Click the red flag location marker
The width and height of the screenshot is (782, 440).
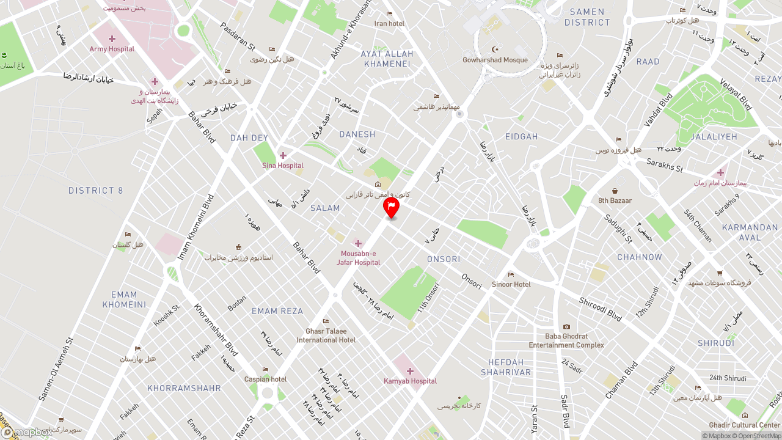coord(391,207)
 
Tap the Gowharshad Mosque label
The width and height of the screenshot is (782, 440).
coord(495,60)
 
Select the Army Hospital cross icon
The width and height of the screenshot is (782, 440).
coord(112,39)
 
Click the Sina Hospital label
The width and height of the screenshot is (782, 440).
coord(283,166)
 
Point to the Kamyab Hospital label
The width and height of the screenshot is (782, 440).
coord(410,381)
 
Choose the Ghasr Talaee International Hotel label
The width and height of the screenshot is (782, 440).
coord(326,335)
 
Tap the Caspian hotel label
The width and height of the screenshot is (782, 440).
coord(265,379)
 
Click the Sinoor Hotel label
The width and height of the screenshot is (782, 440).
coord(511,284)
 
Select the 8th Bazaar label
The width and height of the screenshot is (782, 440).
coord(615,200)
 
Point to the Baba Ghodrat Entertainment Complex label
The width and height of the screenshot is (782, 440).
coord(566,340)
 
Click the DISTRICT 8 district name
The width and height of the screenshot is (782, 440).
coord(96,191)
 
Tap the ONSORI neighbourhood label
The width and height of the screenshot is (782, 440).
coord(444,259)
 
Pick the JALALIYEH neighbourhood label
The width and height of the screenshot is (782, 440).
coord(714,137)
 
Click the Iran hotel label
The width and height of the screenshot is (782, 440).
coord(389,23)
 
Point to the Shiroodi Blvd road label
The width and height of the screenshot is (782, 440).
coord(600,309)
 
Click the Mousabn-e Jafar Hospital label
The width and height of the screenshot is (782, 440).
coord(359,258)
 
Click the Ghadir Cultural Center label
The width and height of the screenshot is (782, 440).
coord(744,425)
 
